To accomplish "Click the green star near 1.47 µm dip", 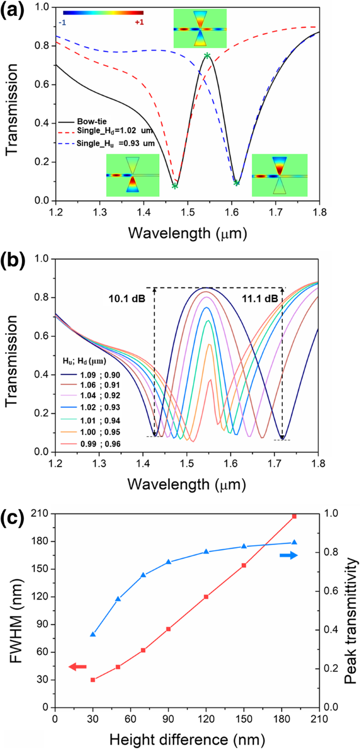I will (x=174, y=186).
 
